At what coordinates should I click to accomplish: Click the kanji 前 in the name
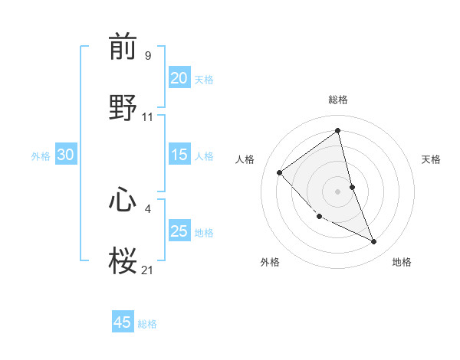tap(123, 47)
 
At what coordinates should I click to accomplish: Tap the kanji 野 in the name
tap(123, 107)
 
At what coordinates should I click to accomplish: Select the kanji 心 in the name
tap(123, 201)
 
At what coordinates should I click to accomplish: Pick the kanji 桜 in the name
tap(123, 260)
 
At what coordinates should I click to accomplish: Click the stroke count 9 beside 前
tap(148, 55)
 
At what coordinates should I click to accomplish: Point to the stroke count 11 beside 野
tap(148, 117)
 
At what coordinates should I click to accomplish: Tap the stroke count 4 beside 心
tap(148, 208)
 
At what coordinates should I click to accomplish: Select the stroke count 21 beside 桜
tap(148, 269)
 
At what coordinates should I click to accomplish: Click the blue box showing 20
tap(179, 78)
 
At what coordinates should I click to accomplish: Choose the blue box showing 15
tap(179, 155)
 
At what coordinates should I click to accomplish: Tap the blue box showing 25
tap(179, 231)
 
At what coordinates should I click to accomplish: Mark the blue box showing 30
tap(65, 155)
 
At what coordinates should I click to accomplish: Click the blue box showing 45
tap(123, 322)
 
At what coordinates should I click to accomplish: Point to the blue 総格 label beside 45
tap(148, 324)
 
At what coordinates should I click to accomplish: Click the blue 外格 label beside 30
tap(41, 156)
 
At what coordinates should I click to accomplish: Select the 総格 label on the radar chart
tap(337, 100)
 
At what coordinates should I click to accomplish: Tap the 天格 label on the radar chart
tap(432, 159)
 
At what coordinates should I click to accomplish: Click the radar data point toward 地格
tap(374, 242)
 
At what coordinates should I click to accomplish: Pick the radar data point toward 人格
tap(280, 172)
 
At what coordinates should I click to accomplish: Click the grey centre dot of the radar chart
tap(337, 191)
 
